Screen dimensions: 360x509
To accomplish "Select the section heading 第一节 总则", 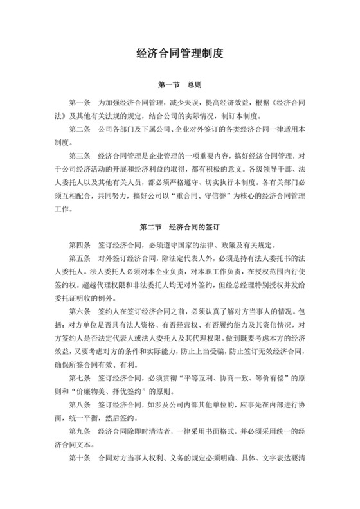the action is point(179,85).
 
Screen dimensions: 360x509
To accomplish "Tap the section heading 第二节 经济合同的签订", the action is point(179,227).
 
